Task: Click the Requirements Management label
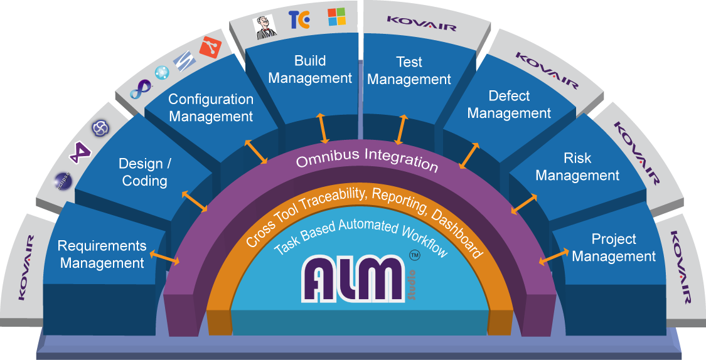[102, 255]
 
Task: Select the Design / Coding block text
[144, 172]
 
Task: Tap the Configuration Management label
[211, 108]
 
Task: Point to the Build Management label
[310, 70]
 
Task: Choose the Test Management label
[409, 71]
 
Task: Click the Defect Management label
[509, 105]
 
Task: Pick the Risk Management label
[577, 167]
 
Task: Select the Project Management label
[614, 248]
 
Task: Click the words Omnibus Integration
[366, 159]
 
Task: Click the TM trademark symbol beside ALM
[414, 255]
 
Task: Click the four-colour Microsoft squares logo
[336, 17]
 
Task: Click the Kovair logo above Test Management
[421, 19]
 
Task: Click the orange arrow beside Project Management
[550, 258]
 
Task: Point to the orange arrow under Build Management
[322, 128]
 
